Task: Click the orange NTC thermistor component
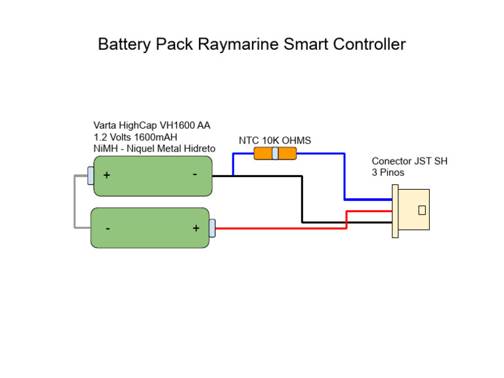[275, 154]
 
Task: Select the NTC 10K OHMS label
[274, 140]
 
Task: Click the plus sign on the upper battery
[106, 176]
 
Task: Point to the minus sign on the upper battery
[195, 175]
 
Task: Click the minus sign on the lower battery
[107, 228]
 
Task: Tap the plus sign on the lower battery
[196, 228]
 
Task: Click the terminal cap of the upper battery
[91, 175]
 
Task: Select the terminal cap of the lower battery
[212, 228]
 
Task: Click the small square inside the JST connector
[422, 210]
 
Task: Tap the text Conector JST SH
[409, 161]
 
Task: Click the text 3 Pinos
[388, 173]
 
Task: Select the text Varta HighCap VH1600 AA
[152, 125]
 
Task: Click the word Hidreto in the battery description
[197, 149]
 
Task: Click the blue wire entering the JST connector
[367, 199]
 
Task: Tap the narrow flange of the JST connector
[395, 211]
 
